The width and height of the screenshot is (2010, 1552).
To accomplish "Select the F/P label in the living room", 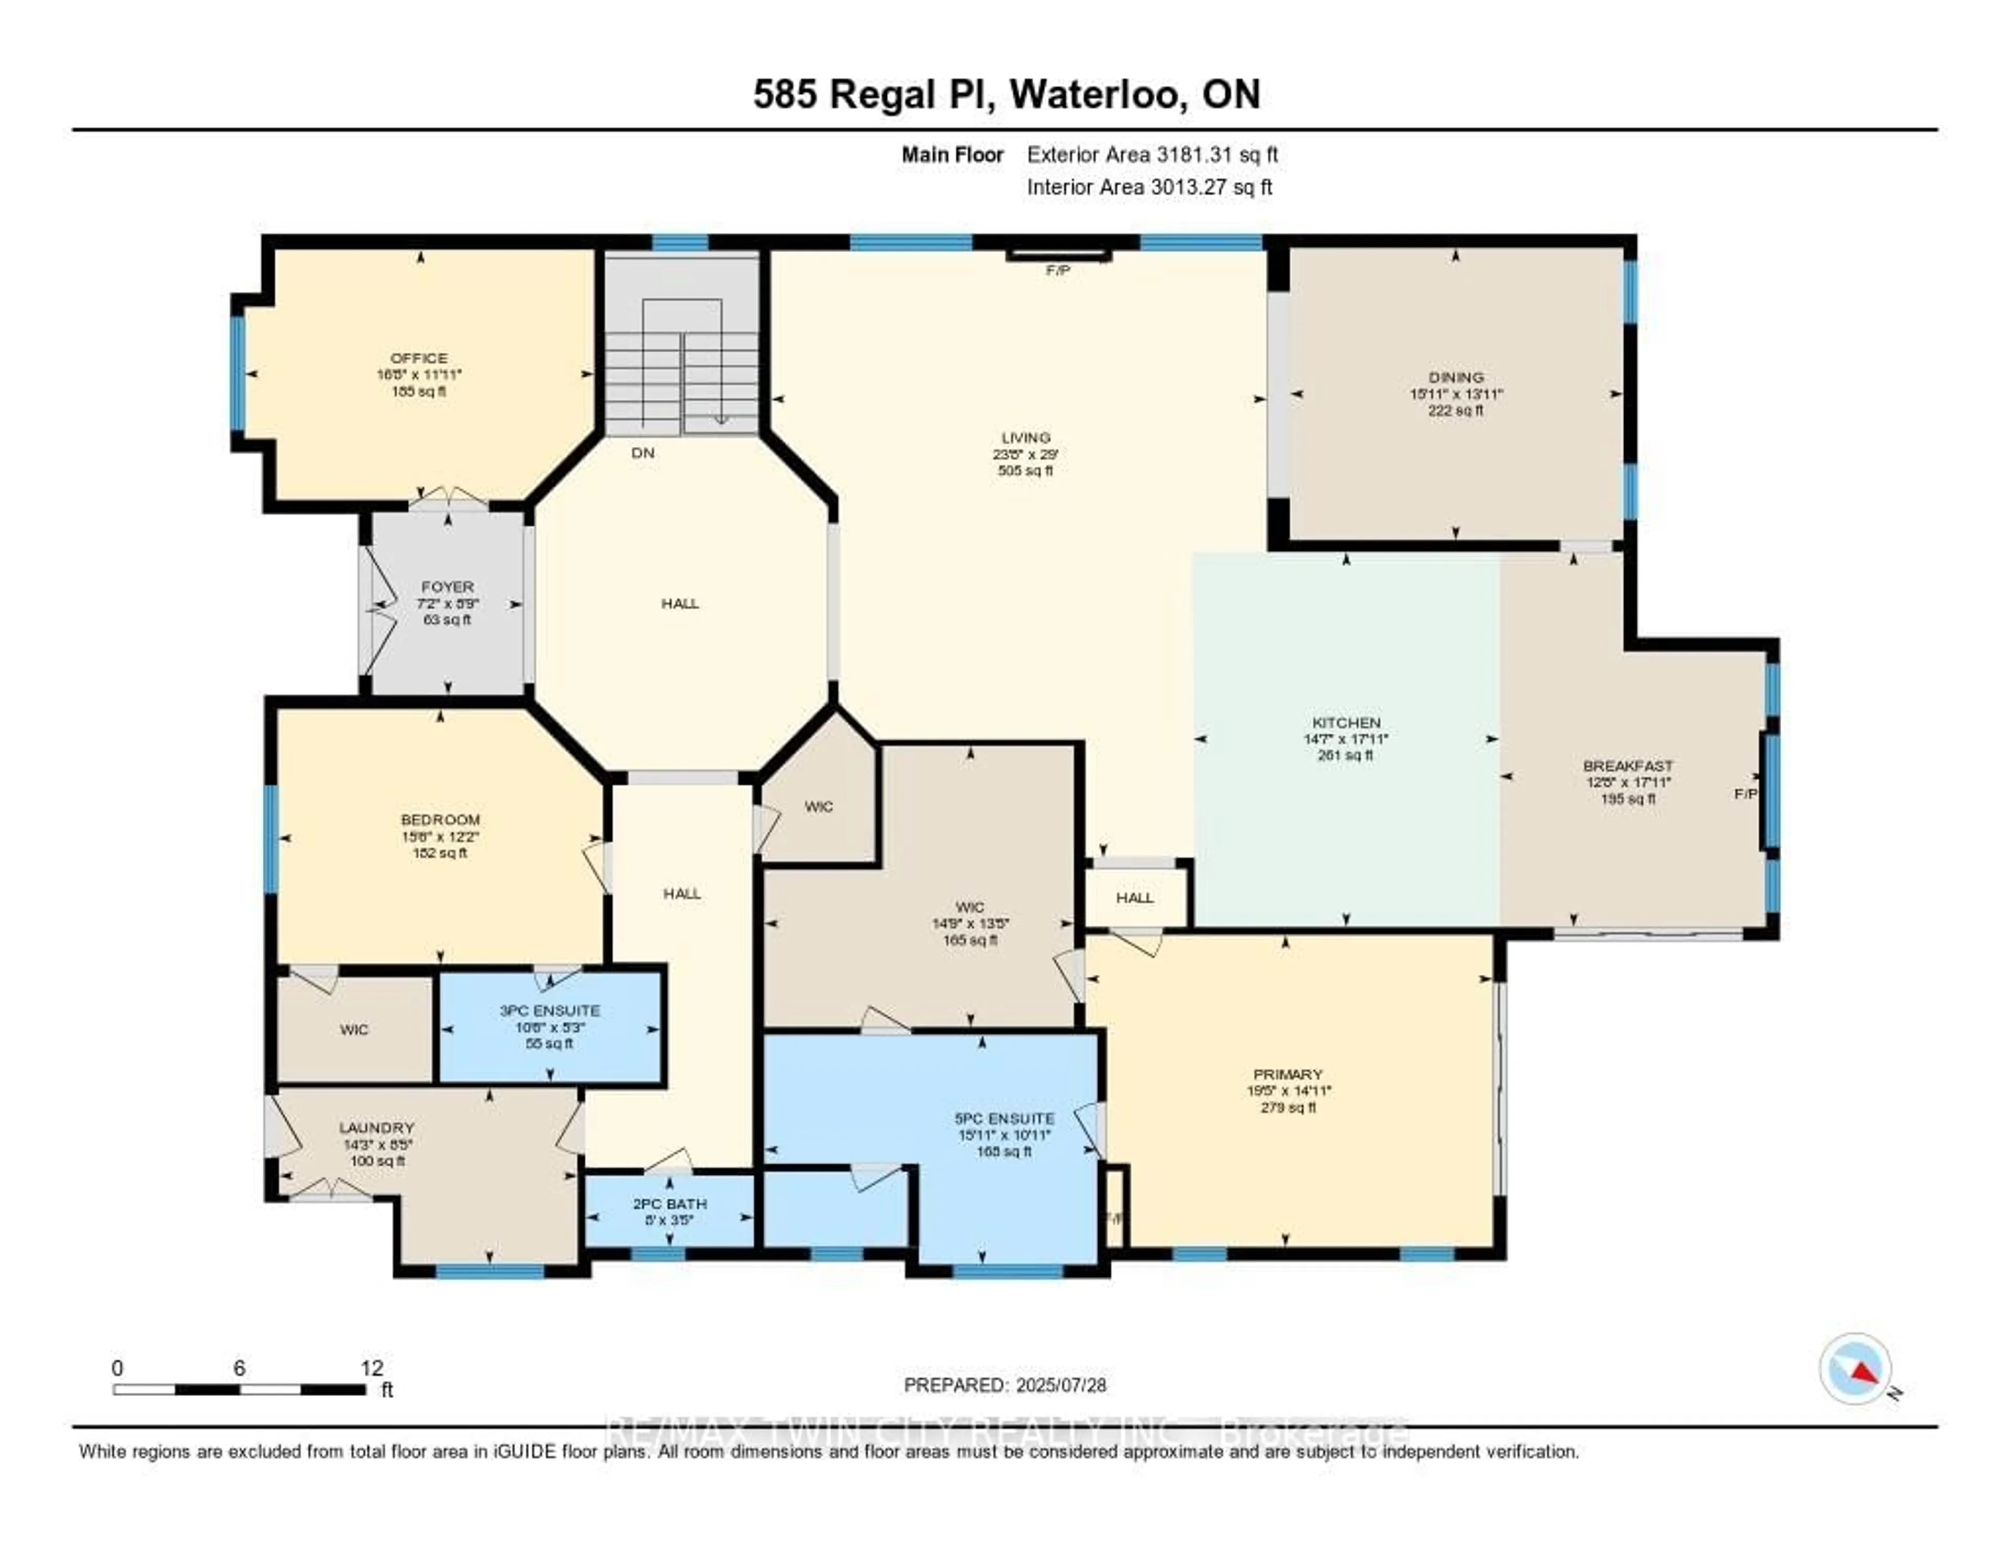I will (x=1057, y=271).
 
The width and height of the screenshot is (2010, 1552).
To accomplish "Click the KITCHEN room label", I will (x=1346, y=722).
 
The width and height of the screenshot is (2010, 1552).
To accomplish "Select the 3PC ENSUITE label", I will (x=550, y=1010).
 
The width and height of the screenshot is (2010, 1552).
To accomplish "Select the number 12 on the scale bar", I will (x=372, y=1368).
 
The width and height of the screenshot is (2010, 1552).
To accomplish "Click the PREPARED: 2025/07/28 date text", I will (x=1005, y=1385).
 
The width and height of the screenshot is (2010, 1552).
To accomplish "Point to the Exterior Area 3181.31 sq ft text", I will (x=1152, y=154).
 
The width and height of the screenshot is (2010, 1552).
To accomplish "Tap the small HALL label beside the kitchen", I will (x=1135, y=897).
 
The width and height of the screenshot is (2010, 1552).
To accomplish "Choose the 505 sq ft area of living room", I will (x=1025, y=470).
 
